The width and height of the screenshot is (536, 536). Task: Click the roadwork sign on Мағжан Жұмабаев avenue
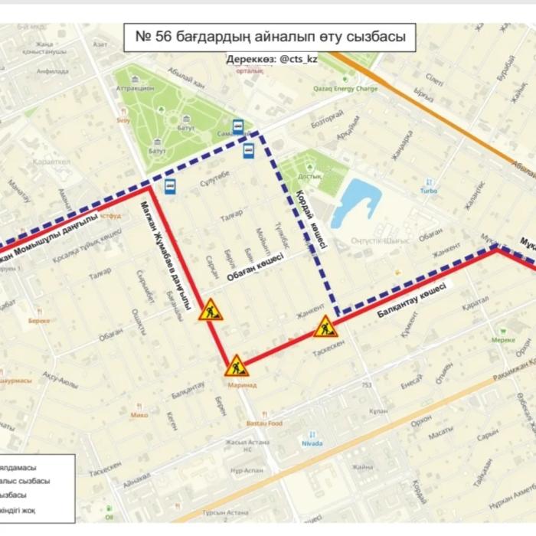coord(210,310)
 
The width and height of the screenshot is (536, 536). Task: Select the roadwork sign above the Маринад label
coord(237,365)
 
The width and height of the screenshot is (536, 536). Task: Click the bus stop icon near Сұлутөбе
coord(169,186)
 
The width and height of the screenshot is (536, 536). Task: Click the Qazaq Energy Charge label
coord(345,88)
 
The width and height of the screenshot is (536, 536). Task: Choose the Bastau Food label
coord(264,423)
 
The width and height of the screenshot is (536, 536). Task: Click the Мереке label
coord(503,339)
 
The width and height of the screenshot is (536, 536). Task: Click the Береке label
coord(38,321)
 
